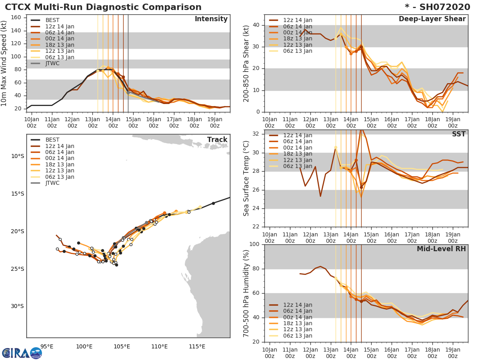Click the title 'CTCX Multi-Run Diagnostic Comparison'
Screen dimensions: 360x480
coord(103,7)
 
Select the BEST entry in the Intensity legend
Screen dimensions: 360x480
coord(52,20)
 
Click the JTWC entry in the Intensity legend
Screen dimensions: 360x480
coord(52,63)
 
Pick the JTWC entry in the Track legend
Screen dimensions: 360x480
coord(52,183)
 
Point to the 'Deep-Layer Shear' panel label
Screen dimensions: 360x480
coord(432,19)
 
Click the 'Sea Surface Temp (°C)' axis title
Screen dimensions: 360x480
coord(247,178)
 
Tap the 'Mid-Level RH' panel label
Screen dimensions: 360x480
coord(441,249)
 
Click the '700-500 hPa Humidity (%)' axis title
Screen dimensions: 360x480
coord(247,293)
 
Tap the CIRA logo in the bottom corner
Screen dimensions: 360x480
coord(22,353)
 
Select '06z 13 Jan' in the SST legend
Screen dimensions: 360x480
coord(298,166)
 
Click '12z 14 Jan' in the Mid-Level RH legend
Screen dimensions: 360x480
coord(298,305)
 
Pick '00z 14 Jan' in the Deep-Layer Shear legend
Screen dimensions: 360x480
coord(298,32)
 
